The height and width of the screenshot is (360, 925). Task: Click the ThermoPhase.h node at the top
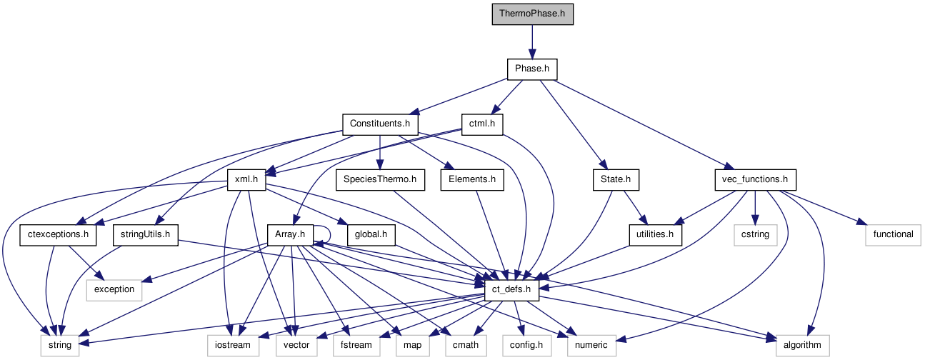click(x=532, y=14)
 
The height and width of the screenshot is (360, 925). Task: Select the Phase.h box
click(x=532, y=69)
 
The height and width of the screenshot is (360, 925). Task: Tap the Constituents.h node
click(x=379, y=124)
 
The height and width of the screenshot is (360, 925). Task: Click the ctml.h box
click(x=482, y=124)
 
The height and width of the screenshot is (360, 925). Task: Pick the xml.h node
click(x=246, y=179)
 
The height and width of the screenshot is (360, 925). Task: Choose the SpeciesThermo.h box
click(x=379, y=179)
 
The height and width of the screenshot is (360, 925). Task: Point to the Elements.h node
click(x=472, y=179)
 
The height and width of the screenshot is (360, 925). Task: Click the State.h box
click(x=615, y=179)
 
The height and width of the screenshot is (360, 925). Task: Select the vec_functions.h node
click(x=755, y=179)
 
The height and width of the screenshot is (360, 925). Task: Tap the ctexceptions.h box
click(x=58, y=234)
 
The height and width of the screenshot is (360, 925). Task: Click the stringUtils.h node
click(x=145, y=234)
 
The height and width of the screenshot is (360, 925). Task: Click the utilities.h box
click(x=655, y=234)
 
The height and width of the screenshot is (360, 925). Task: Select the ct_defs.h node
click(x=511, y=289)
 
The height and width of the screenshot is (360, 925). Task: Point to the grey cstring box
click(x=755, y=234)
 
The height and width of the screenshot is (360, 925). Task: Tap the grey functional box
click(x=893, y=234)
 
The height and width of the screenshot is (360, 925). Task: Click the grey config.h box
click(x=525, y=345)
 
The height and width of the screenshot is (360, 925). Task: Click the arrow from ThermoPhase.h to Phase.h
click(x=532, y=41)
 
